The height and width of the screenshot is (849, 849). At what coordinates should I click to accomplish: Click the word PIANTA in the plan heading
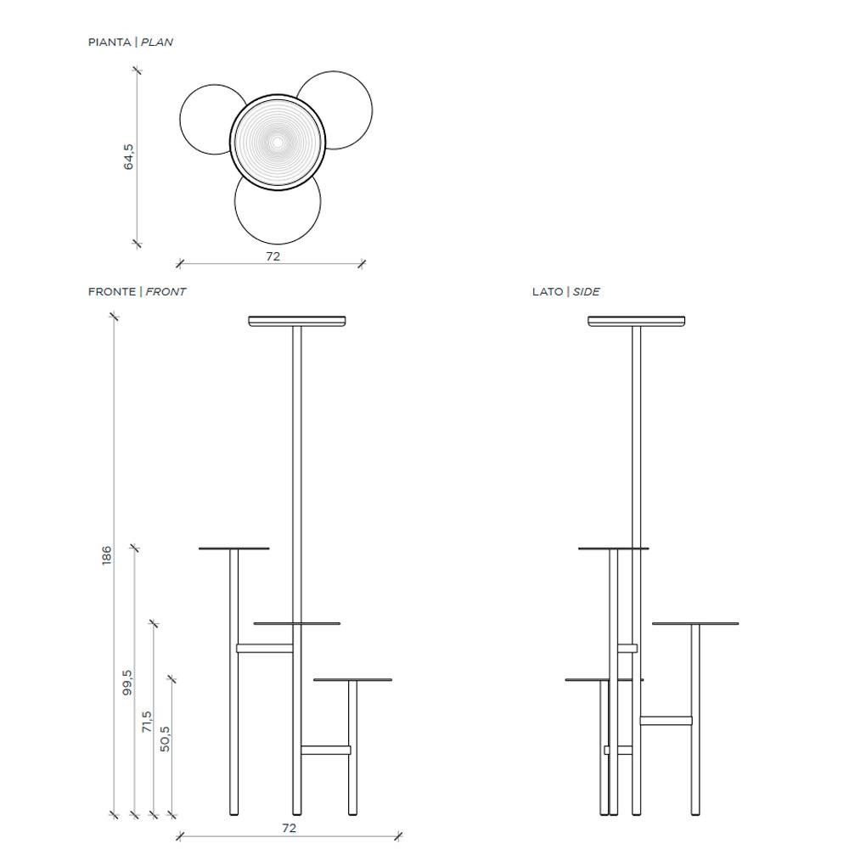point(110,42)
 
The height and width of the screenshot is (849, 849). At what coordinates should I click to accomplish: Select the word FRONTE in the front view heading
point(111,292)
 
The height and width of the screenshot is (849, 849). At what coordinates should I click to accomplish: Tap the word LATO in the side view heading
point(548,292)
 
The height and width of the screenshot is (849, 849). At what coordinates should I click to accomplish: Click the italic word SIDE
point(586,292)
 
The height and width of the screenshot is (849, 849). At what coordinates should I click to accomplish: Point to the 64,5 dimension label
point(128,157)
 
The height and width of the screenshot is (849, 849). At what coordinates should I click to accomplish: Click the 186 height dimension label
point(107,556)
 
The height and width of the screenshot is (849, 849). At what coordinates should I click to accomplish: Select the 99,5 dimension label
point(127,683)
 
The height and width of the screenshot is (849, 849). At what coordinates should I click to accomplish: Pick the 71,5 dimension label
point(146,722)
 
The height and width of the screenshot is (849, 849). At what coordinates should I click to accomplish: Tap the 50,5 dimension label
point(166,739)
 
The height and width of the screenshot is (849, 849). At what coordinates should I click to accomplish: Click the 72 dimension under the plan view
point(273,256)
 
